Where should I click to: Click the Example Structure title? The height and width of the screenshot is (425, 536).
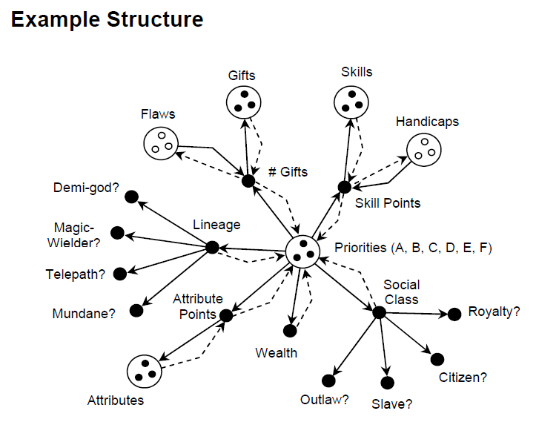(x=107, y=19)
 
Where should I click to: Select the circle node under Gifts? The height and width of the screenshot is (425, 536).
(x=244, y=102)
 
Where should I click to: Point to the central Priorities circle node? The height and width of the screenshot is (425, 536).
(x=302, y=251)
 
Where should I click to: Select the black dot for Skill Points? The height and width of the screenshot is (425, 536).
(x=344, y=186)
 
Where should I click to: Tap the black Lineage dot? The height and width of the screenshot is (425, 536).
(x=212, y=247)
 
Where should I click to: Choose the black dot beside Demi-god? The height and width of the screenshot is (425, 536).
(x=132, y=197)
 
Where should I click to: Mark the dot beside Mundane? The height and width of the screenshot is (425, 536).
(x=135, y=311)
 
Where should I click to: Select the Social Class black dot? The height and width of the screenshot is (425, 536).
(x=379, y=312)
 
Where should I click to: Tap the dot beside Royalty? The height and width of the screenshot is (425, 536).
(x=454, y=314)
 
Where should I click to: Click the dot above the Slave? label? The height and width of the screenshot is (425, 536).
(x=387, y=382)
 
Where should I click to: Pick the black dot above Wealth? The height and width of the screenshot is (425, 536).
(x=290, y=331)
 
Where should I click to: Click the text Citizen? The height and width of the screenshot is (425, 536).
(x=463, y=377)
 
